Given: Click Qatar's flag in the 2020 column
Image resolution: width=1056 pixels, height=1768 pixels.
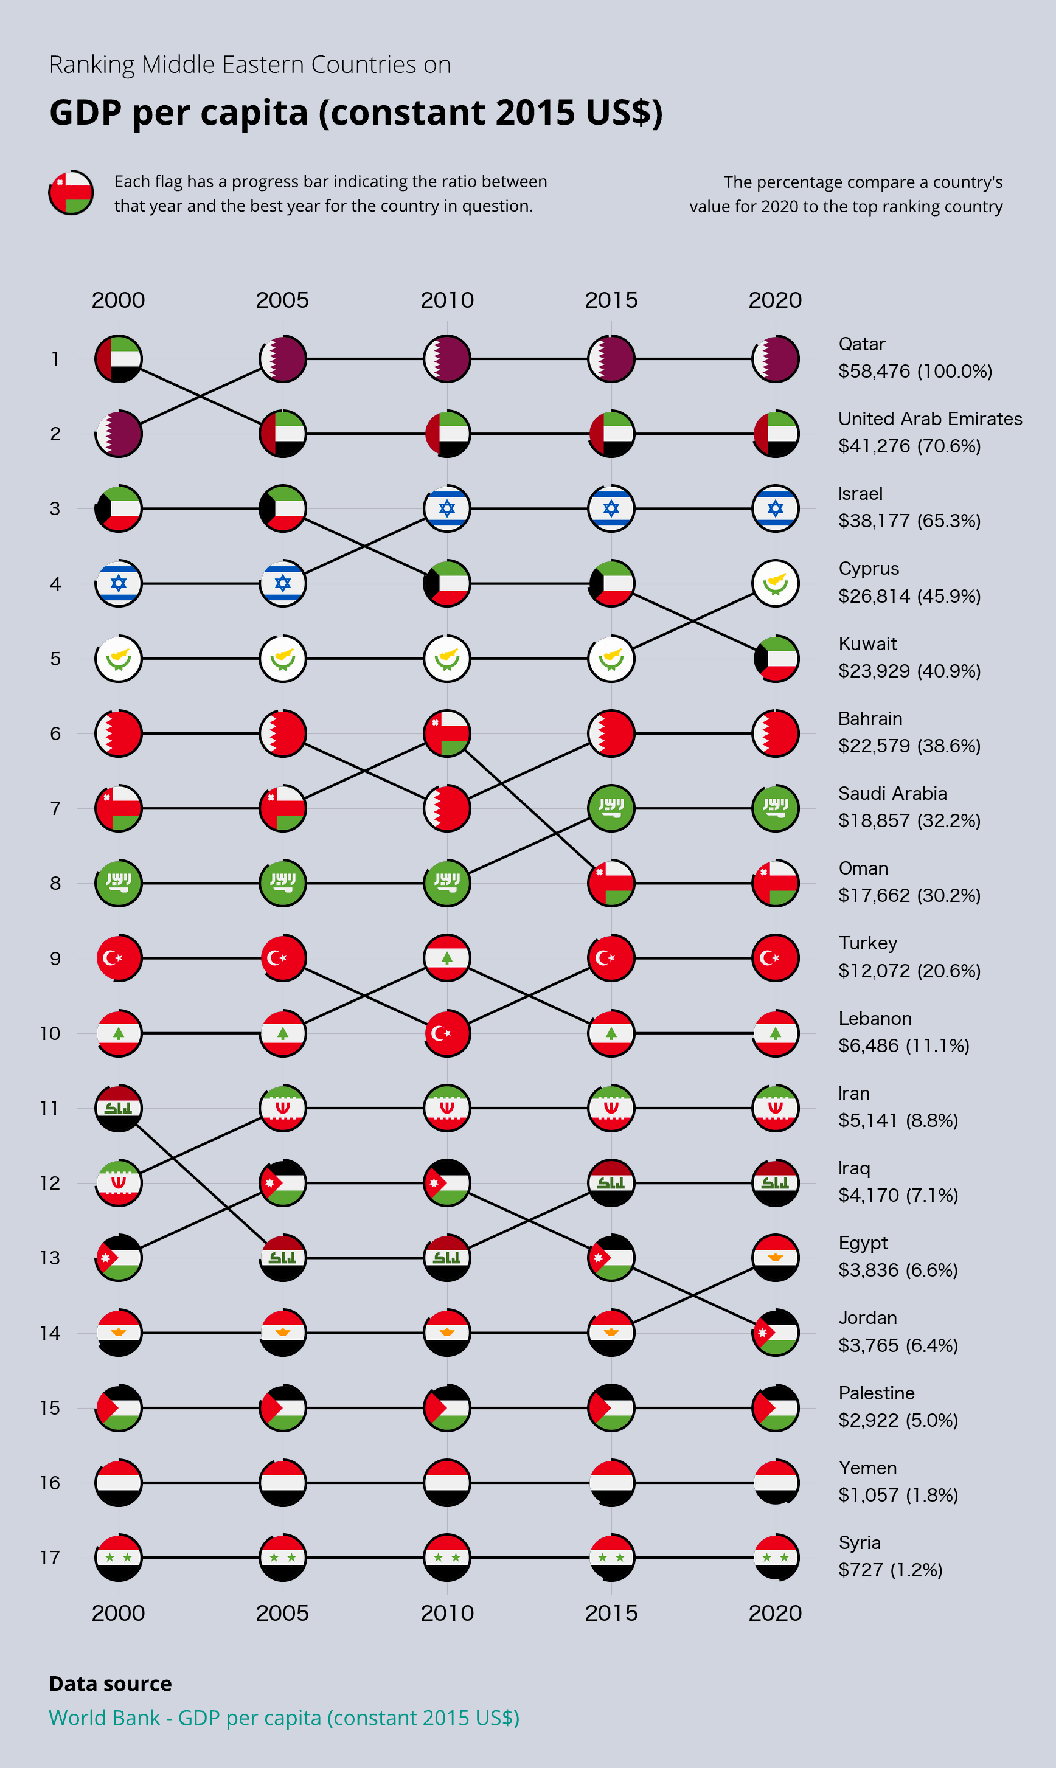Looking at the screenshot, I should coord(775,359).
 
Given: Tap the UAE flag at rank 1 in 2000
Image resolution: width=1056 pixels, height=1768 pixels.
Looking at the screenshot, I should coord(119,359).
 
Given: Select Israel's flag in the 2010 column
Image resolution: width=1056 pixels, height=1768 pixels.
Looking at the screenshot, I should coord(447,508).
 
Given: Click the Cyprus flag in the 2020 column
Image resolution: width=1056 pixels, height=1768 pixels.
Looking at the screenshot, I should coord(775,583).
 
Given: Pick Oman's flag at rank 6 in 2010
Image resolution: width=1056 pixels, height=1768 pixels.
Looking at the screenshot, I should coord(447,733).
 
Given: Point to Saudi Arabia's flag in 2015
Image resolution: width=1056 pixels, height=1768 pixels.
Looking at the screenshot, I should coord(611,808).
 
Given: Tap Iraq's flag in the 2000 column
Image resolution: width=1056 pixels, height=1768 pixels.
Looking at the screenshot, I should coord(119,1108).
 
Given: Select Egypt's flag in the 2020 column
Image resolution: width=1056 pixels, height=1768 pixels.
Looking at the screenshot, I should coord(775,1258).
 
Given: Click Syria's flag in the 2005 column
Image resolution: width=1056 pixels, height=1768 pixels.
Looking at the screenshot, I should coord(282,1558).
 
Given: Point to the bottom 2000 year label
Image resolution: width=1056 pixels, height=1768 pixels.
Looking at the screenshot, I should coord(118,1614).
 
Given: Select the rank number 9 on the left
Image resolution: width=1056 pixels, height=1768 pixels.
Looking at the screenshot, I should coord(55,959).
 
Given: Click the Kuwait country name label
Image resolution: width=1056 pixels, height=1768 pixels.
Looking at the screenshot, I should coord(867,644).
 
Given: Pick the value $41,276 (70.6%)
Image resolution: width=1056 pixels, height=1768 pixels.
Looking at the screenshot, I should coord(909,446).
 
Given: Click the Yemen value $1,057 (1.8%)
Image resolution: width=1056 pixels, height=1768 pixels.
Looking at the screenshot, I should coord(898,1496).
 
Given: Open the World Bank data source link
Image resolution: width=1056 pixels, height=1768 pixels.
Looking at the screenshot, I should coord(284,1718).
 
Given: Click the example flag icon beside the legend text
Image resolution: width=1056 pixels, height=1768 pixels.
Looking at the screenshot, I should coord(71,193).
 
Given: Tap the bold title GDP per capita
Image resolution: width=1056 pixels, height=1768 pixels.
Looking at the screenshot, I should coord(356,113).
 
